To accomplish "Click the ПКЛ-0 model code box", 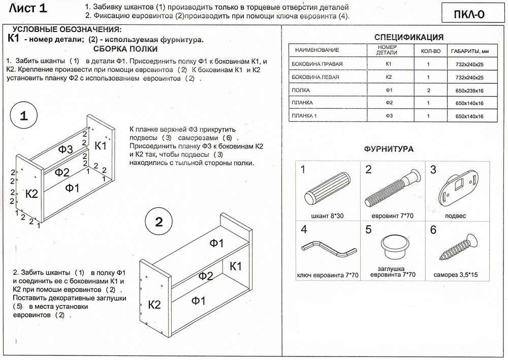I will click(x=469, y=14).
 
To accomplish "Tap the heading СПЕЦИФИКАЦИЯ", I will click(x=409, y=37).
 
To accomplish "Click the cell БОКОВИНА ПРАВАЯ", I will click(x=317, y=65).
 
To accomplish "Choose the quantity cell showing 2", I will click(x=428, y=91).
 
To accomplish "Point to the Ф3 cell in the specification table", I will click(x=388, y=116).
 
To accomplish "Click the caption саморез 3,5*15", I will click(x=455, y=275).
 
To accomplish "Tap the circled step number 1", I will click(x=23, y=116).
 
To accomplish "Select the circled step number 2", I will click(x=158, y=222).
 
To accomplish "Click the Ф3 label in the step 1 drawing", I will click(x=66, y=149).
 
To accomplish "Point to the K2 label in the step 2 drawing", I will click(x=154, y=305).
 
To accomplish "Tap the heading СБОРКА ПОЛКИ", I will click(x=125, y=49).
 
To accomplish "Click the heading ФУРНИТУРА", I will click(x=389, y=149).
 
